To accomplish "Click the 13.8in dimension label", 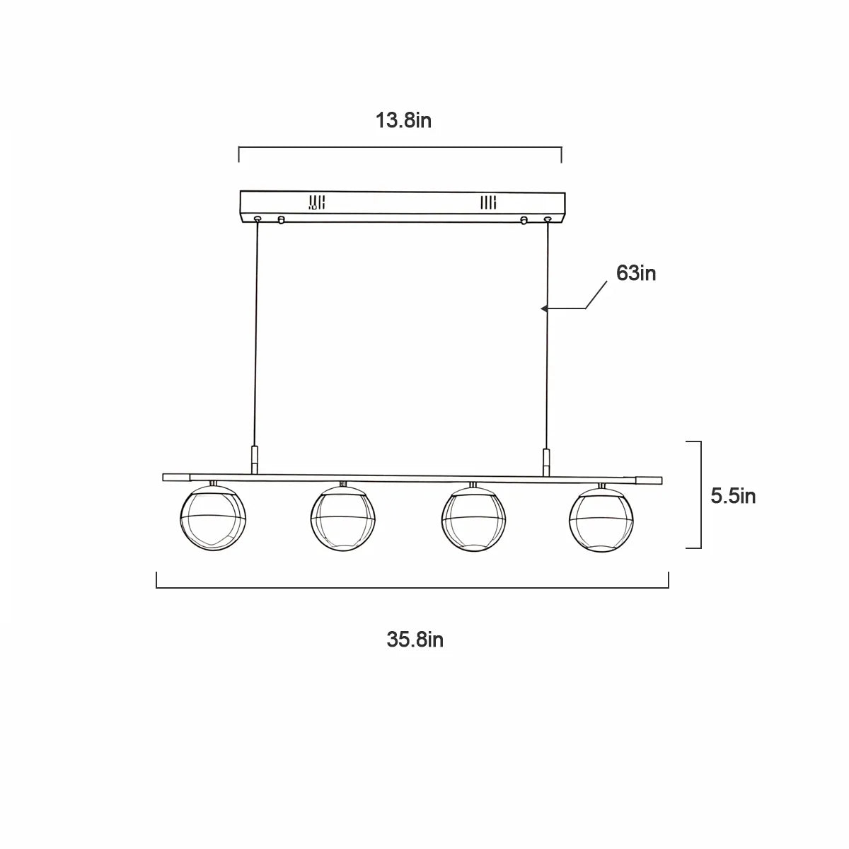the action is pyautogui.click(x=403, y=120).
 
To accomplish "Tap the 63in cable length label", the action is pyautogui.click(x=636, y=273).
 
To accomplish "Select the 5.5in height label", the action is pyautogui.click(x=733, y=496).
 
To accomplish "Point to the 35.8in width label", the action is pyautogui.click(x=415, y=640).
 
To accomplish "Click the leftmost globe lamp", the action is pyautogui.click(x=213, y=517).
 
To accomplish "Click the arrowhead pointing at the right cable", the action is pyautogui.click(x=544, y=308).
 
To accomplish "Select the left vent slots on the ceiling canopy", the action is pyautogui.click(x=317, y=202).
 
